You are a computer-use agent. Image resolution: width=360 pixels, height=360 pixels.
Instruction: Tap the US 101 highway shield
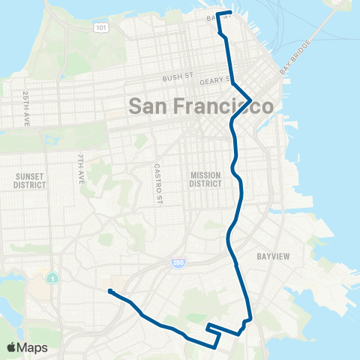click(x=100, y=28)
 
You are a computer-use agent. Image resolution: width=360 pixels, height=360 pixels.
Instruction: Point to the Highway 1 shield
click(x=52, y=279)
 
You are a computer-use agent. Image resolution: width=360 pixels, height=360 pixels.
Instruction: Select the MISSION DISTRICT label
click(x=205, y=179)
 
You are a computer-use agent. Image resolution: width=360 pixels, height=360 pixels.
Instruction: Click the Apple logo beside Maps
click(x=12, y=347)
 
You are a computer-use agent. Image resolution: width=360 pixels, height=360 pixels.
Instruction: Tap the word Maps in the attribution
click(x=33, y=347)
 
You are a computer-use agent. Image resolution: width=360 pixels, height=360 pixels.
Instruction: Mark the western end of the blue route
click(x=109, y=291)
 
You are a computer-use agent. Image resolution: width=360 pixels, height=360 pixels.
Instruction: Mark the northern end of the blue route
click(x=229, y=13)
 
